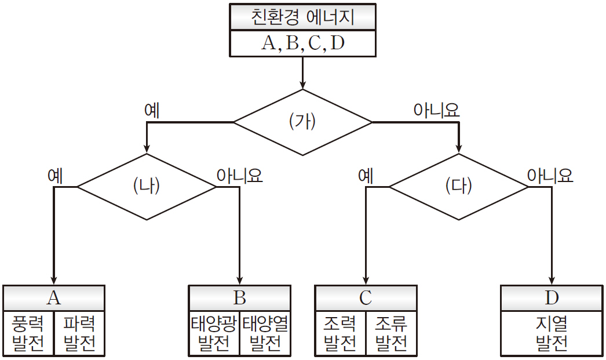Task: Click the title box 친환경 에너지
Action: click(303, 17)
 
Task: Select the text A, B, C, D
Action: click(303, 43)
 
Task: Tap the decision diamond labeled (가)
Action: click(302, 122)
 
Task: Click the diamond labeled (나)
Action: click(146, 187)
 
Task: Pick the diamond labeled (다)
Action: click(459, 187)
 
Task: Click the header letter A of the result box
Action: click(54, 298)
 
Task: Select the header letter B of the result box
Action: click(240, 298)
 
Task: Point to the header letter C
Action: click(366, 298)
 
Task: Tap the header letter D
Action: click(552, 298)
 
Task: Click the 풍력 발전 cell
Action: click(28, 333)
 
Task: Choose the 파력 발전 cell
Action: click(79, 333)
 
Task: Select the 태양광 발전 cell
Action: click(214, 333)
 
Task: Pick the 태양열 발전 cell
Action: click(265, 333)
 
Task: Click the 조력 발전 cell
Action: click(340, 333)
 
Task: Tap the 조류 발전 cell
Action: click(391, 333)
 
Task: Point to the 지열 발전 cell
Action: click(552, 333)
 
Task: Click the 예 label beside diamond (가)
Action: click(152, 110)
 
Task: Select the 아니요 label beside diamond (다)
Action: click(550, 175)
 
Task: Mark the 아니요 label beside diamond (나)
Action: click(239, 175)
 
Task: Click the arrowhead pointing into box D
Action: click(552, 279)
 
